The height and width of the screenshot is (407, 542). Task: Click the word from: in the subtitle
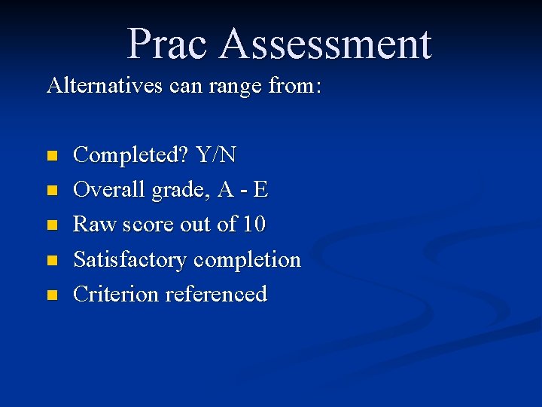(295, 85)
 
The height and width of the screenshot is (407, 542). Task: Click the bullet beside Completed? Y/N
(51, 157)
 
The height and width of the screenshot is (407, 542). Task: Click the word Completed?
(131, 155)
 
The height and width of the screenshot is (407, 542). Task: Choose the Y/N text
(216, 155)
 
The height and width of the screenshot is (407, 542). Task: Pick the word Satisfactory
(129, 260)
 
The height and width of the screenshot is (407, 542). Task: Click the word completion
(247, 260)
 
